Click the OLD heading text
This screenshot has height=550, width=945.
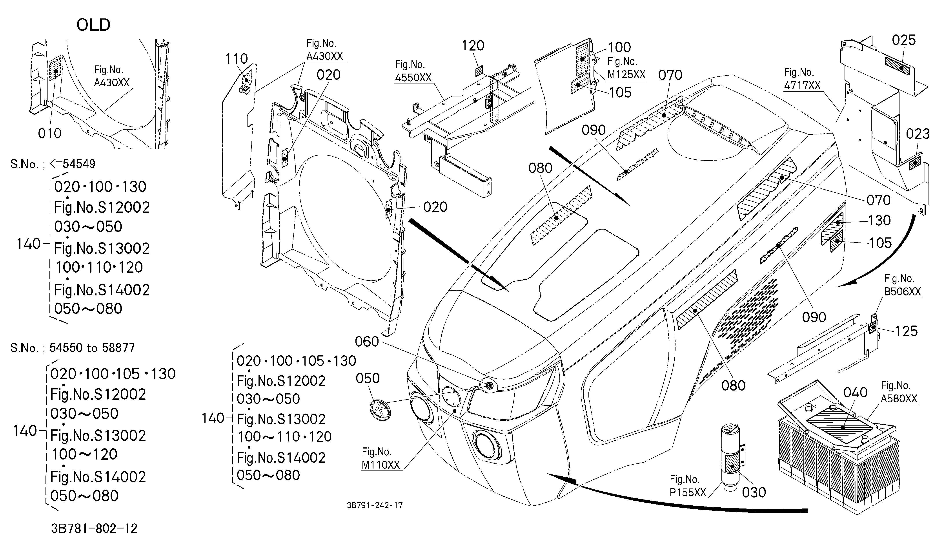coord(93,25)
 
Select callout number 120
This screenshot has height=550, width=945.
coord(473,46)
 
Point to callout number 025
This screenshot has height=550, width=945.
coord(904,40)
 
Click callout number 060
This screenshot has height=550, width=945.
coord(367,342)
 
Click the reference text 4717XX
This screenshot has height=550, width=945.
coord(802,85)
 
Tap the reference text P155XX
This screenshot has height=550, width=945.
coord(688,492)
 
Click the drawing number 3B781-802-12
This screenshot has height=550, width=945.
coord(94,529)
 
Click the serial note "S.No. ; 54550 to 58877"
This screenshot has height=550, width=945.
coord(72,348)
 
